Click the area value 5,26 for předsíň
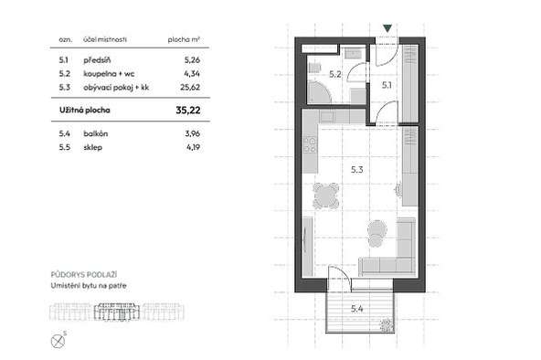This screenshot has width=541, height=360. [192, 60]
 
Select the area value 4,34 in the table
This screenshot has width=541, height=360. [192, 73]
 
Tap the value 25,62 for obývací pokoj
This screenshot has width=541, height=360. [190, 87]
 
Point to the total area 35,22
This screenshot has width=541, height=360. [188, 110]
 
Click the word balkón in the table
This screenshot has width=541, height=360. [96, 133]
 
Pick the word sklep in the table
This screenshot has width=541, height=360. [93, 148]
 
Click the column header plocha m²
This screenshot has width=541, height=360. [184, 39]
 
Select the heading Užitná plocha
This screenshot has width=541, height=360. [85, 110]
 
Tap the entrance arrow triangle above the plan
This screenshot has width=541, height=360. [387, 28]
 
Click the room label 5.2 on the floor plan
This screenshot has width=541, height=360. [335, 74]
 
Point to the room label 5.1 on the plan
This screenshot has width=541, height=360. [387, 85]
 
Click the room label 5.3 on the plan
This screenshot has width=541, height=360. [357, 170]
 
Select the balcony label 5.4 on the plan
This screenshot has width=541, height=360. [357, 309]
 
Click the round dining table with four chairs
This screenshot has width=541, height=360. [325, 196]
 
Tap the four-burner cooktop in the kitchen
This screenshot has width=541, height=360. [310, 145]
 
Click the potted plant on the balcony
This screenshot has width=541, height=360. [387, 325]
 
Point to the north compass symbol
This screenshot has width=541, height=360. [58, 342]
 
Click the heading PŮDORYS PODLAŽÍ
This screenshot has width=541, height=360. [84, 274]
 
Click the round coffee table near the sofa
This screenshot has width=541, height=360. [377, 228]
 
